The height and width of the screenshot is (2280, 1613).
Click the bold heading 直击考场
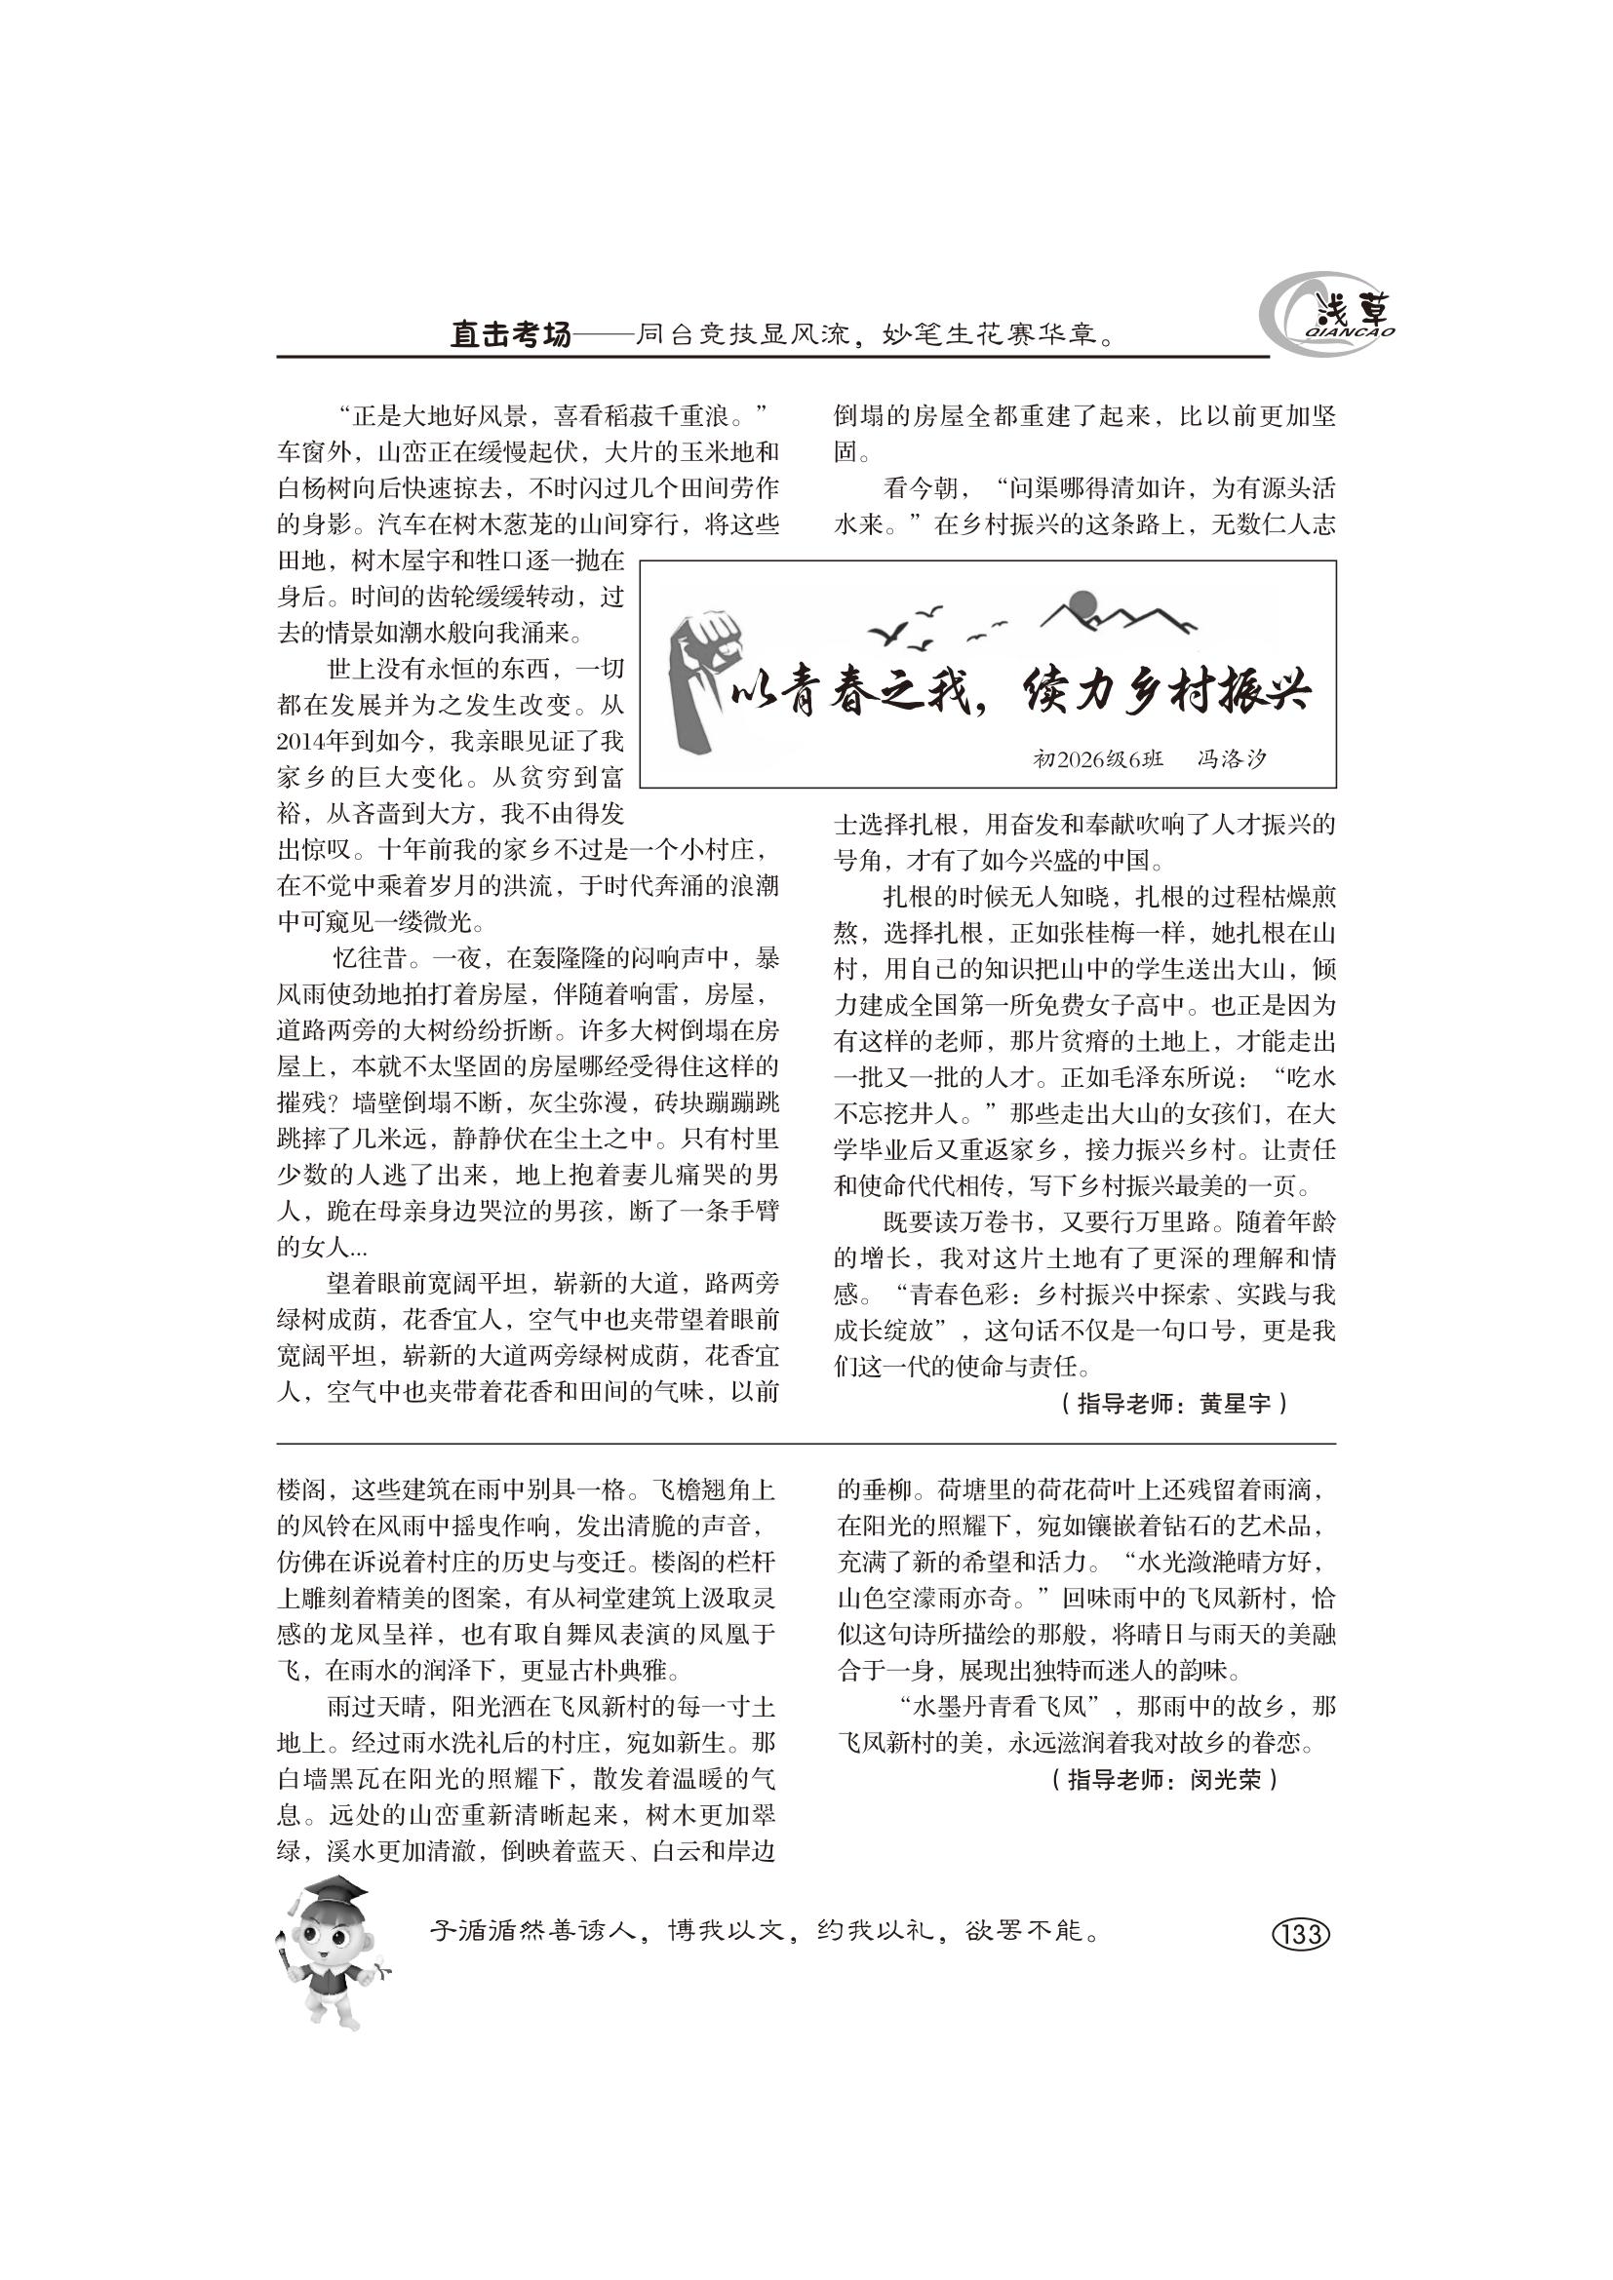pyautogui.click(x=509, y=335)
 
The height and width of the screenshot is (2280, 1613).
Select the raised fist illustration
pyautogui.click(x=699, y=685)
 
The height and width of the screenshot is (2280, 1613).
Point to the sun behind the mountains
pyautogui.click(x=1081, y=604)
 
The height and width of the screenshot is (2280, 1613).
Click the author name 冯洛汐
pyautogui.click(x=1231, y=759)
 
